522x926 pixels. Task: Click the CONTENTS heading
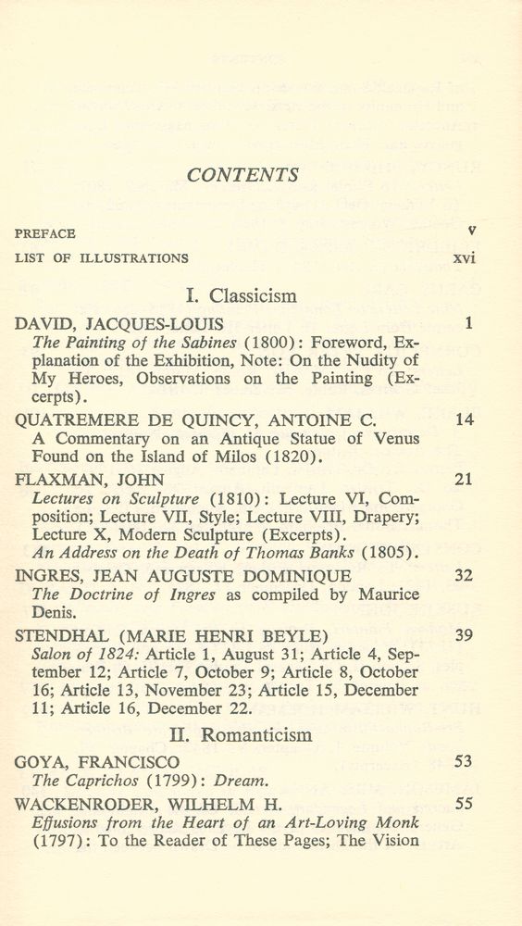242,175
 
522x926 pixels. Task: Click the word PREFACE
45,234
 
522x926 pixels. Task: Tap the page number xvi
464,258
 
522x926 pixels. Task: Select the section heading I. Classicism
242,296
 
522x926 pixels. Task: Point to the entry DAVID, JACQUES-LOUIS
115,324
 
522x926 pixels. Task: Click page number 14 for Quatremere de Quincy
465,419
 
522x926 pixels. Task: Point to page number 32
465,575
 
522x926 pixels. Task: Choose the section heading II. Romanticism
241,734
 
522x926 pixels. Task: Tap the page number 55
465,803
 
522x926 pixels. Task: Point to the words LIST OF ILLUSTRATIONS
102,258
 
